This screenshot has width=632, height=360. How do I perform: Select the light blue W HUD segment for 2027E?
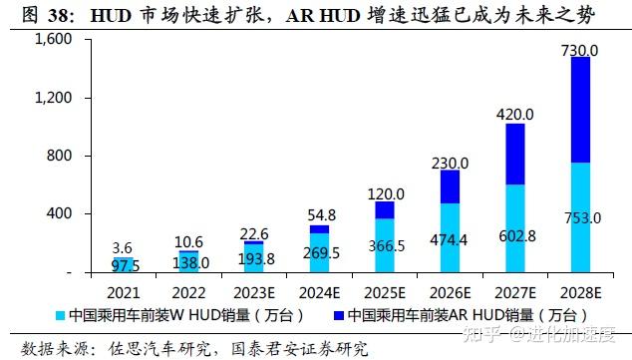[515, 228]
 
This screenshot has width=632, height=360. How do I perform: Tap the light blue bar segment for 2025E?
[385, 245]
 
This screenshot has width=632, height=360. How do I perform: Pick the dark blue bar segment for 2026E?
[451, 186]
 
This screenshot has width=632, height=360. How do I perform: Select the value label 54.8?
[319, 214]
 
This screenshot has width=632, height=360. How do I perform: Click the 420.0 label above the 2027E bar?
[514, 115]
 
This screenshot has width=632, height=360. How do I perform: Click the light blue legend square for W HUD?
[61, 315]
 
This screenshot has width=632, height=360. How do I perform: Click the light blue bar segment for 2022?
[188, 262]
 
